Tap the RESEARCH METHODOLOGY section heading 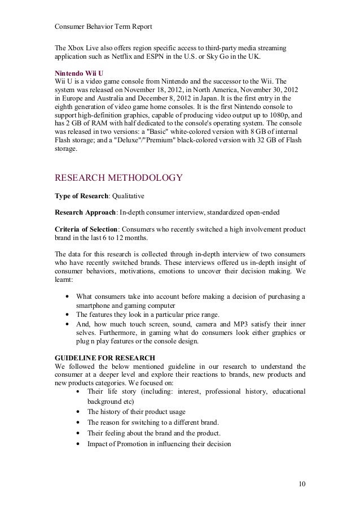(118, 179)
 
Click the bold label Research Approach (84, 212)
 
